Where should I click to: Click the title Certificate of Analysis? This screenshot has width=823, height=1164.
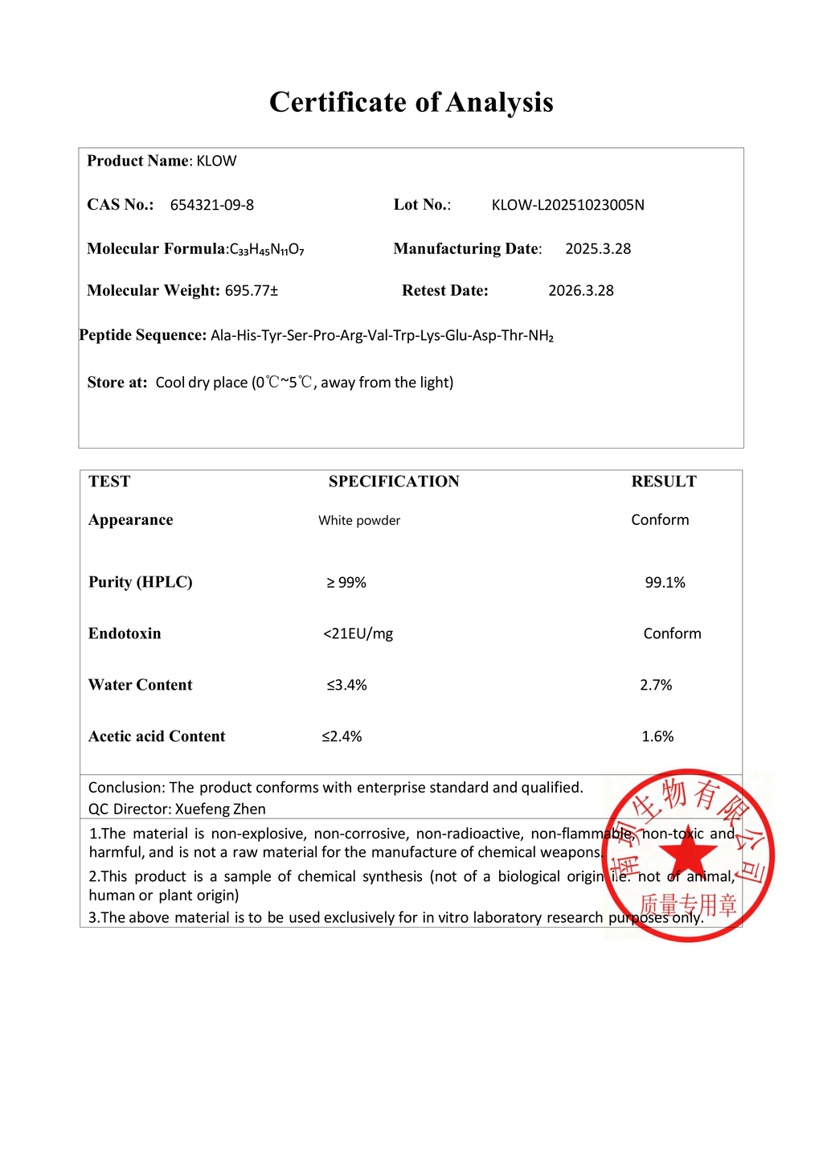coord(411,102)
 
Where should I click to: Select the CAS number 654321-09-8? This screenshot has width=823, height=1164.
coord(212,205)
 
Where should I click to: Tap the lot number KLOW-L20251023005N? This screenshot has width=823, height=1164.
coord(567,205)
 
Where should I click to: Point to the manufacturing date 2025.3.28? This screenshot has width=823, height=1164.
coord(598,249)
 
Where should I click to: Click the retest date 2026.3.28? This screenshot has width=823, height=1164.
coord(580,291)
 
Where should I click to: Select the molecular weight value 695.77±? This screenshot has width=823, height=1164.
coord(252,291)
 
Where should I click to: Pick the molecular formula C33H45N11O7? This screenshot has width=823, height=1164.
coord(267,250)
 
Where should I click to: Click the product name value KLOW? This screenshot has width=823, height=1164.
coord(217,161)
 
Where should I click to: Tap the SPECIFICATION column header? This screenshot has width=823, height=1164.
coord(394,482)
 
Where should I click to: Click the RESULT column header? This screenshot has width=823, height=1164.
coord(664,482)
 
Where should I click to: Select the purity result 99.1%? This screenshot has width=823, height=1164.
coord(665,583)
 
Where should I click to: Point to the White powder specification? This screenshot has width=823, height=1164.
coord(359,521)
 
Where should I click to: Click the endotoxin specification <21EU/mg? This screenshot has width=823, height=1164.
coord(358,634)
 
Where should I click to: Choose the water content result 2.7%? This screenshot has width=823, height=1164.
coord(656,686)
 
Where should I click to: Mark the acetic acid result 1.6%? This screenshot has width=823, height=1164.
coord(657,737)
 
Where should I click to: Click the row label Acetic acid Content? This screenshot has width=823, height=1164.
coord(157,737)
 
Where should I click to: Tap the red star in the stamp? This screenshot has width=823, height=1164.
coord(689,854)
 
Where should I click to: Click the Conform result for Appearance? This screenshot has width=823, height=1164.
coord(660,520)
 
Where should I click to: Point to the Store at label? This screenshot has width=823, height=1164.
coord(117,383)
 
